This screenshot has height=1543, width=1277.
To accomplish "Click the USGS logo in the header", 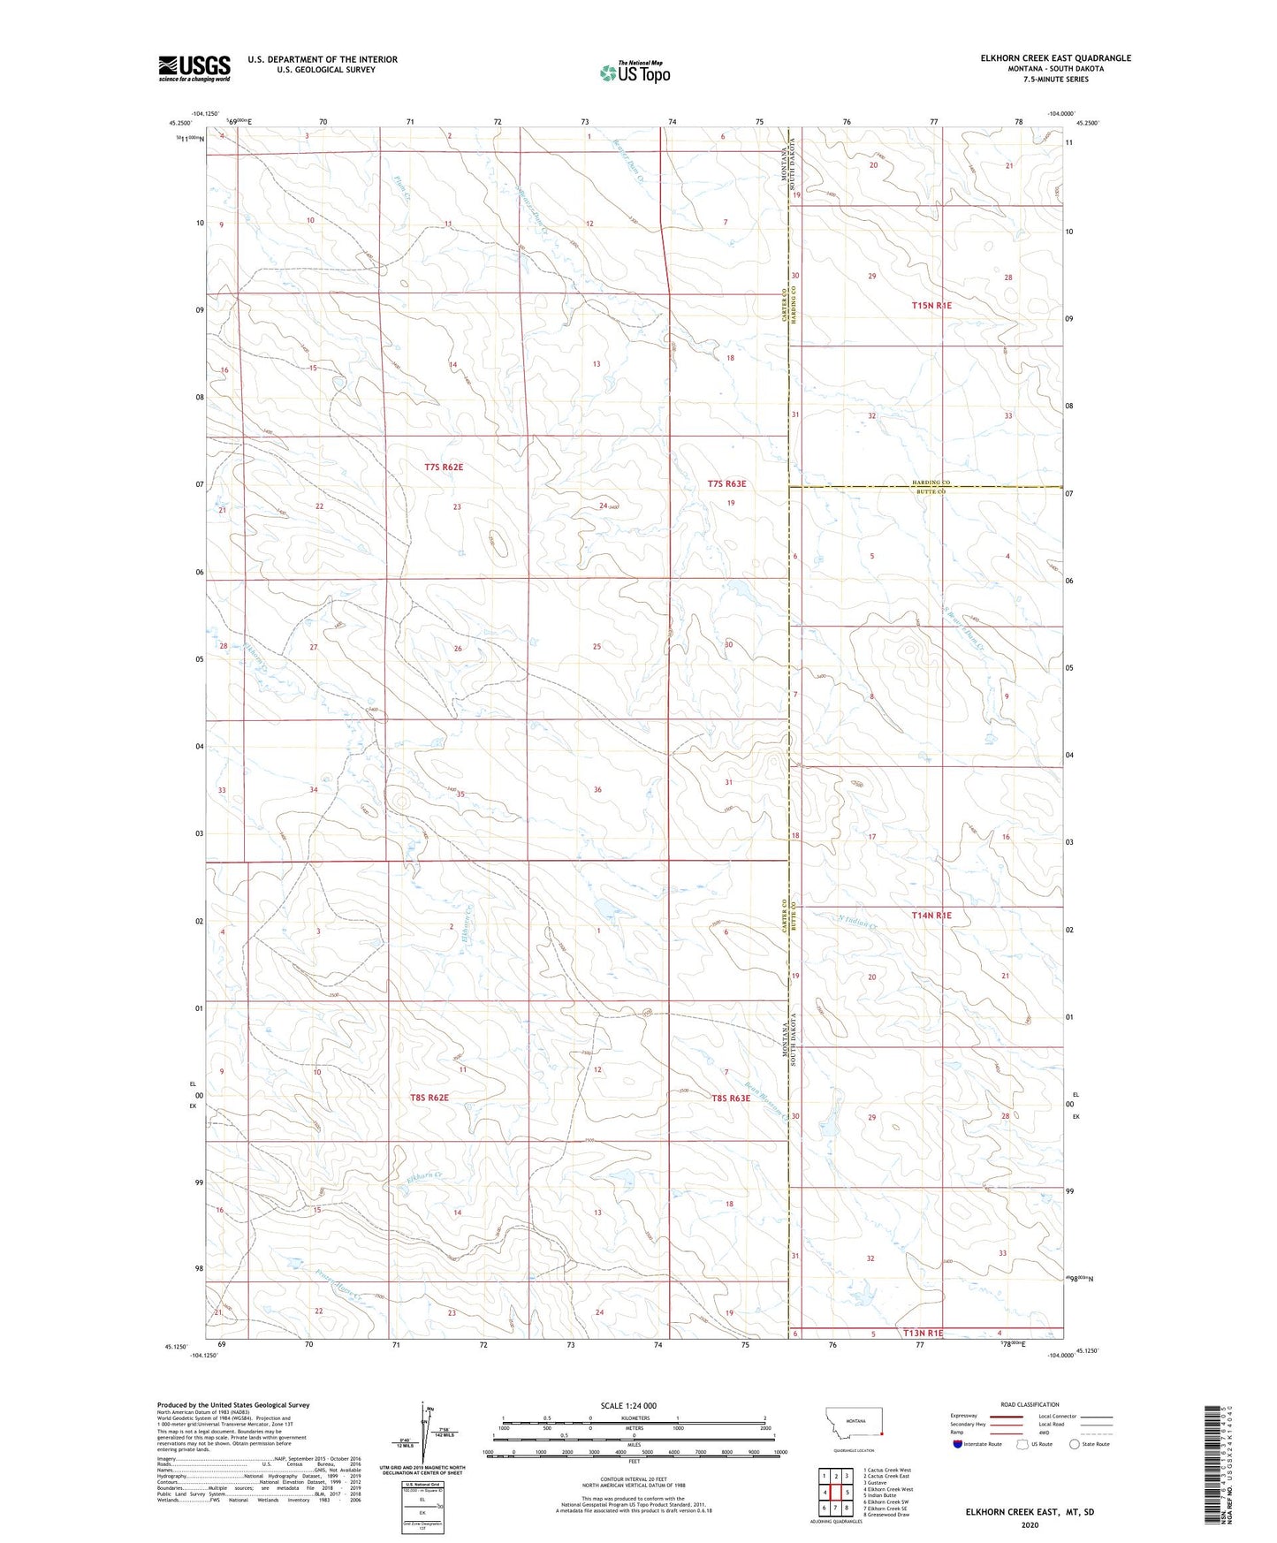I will pos(194,68).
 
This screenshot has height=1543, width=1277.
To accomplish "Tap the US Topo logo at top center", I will pos(635,72).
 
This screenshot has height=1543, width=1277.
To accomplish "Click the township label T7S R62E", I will pos(444,467).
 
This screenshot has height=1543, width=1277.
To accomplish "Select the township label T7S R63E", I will pos(726,483).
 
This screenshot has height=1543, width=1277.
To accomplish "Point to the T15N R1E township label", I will pos(931,305).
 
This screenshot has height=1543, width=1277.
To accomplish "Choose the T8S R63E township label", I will pos(731,1098).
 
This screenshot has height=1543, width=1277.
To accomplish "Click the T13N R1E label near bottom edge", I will pos(924,1333).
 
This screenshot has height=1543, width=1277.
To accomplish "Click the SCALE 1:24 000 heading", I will pos(628,1405).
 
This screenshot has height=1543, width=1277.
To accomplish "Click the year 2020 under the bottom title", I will pos(1030,1524).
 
